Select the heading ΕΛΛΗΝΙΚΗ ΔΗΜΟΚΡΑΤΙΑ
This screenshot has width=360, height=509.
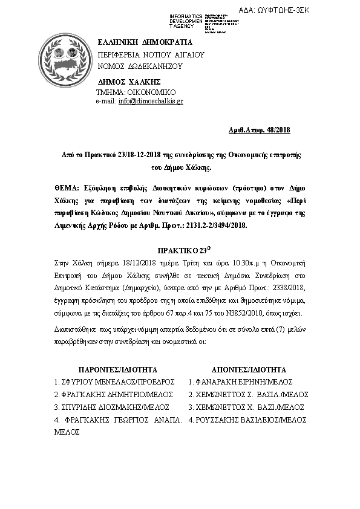coord(145,42)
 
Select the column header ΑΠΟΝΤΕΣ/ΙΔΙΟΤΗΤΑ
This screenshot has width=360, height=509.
coord(249,369)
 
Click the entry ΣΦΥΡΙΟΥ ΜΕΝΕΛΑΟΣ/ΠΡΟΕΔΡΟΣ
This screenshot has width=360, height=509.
coord(115,382)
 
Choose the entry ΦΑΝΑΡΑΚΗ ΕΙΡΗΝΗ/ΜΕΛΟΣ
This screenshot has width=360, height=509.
coord(241,382)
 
